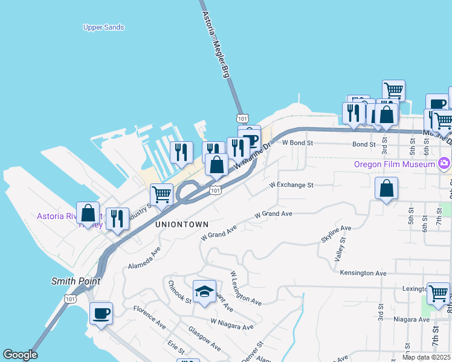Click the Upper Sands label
[104, 27]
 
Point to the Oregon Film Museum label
[395, 164]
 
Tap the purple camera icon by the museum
[444, 163]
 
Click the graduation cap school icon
[204, 291]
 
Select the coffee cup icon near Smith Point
[101, 313]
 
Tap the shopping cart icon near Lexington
[438, 294]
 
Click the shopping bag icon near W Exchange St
[387, 188]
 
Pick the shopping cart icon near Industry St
[161, 194]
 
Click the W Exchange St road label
[291, 185]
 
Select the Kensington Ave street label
[363, 273]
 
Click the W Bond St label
[298, 143]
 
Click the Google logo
[20, 355]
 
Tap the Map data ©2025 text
[427, 357]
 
